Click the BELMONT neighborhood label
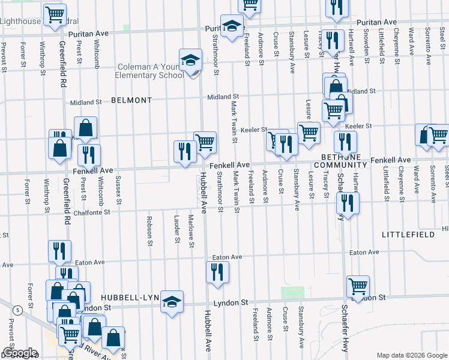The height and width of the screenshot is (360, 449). pos(131,101)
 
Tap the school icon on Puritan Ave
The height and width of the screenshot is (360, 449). pos(230,26)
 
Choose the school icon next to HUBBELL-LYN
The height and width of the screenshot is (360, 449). pos(172,302)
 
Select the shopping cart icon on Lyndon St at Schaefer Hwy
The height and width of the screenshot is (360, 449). pos(358,287)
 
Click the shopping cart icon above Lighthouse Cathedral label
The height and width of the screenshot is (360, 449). pos(55,14)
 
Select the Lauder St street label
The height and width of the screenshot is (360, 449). pos(177,230)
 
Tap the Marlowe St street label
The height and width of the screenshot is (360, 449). pos(191,231)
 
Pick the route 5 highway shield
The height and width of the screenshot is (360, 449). pos(18,310)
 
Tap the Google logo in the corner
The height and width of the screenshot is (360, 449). pos(19,353)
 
